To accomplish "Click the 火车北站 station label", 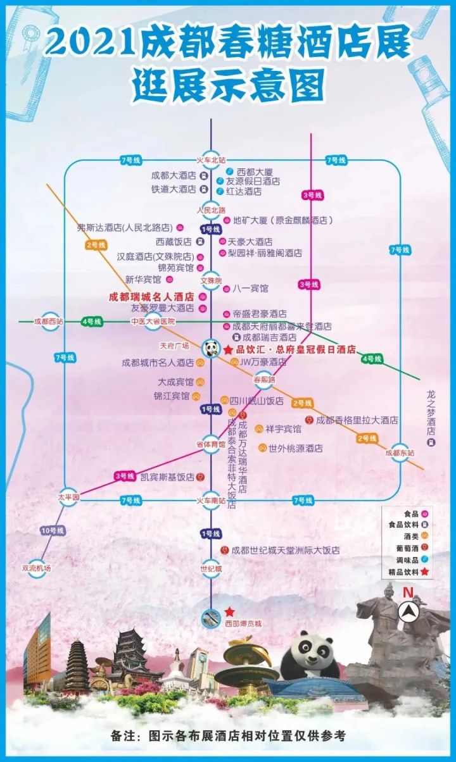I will pyautogui.click(x=211, y=160).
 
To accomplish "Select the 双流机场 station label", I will pyautogui.click(x=36, y=568).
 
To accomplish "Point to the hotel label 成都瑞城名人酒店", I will pyautogui.click(x=151, y=296).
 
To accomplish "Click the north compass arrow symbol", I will pyautogui.click(x=408, y=611).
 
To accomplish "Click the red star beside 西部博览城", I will pyautogui.click(x=229, y=612).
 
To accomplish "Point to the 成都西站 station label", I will pyautogui.click(x=49, y=322).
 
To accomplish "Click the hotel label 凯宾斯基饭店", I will pyautogui.click(x=167, y=477).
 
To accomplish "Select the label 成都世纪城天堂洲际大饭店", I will pyautogui.click(x=285, y=551).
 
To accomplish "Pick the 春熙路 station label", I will pyautogui.click(x=265, y=380).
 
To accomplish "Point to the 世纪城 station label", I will pyautogui.click(x=211, y=569).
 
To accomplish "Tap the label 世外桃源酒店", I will pyautogui.click(x=295, y=448).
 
